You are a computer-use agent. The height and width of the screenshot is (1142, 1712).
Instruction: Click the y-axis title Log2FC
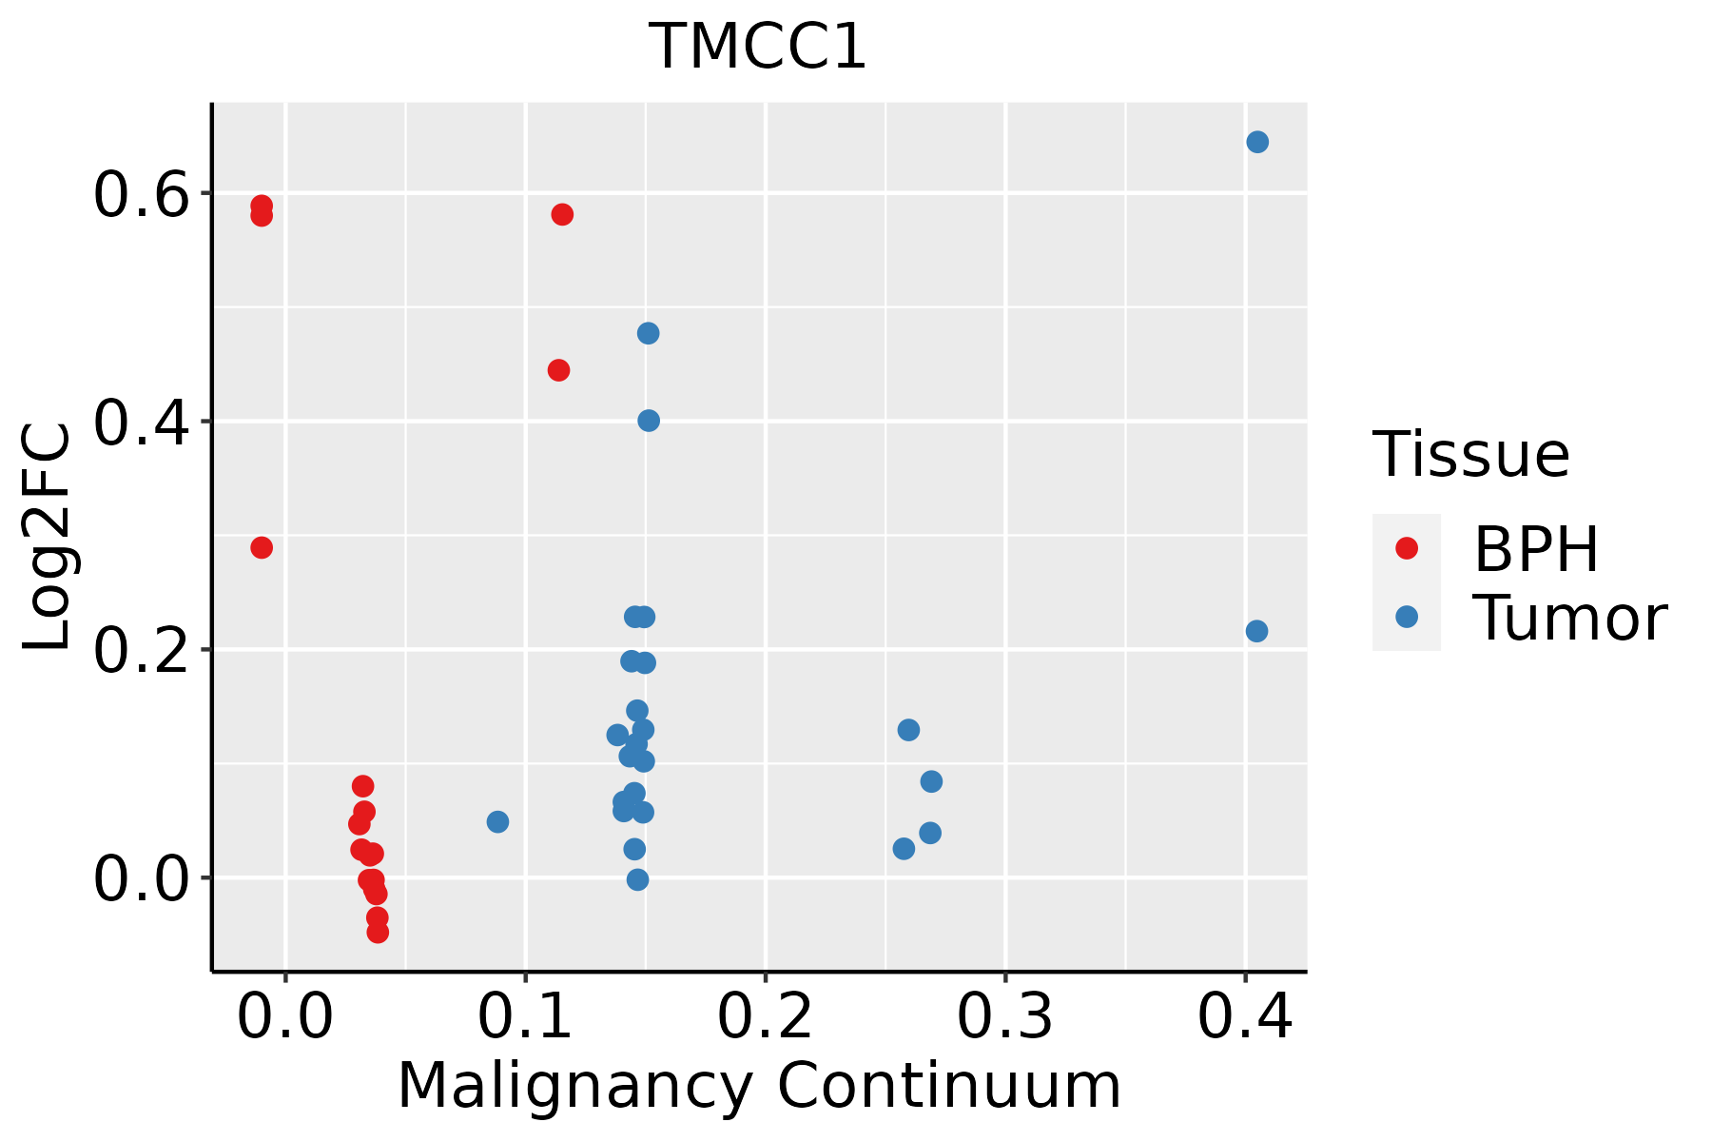click(x=48, y=537)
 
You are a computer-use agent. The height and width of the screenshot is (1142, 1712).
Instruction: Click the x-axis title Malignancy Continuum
click(x=758, y=1086)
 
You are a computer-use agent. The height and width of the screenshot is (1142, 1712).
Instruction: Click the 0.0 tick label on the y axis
click(x=143, y=879)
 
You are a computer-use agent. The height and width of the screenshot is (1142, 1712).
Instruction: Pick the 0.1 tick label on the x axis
click(x=525, y=1016)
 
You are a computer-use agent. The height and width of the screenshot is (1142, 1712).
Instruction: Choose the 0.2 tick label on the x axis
click(x=765, y=1016)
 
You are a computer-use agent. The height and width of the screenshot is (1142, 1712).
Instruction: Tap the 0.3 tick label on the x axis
click(x=1004, y=1016)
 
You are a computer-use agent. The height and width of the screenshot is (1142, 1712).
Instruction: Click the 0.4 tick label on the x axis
click(x=1244, y=1016)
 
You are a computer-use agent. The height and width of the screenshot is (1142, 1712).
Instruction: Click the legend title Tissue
click(x=1470, y=455)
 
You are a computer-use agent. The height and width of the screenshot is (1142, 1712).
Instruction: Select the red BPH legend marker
click(x=1406, y=548)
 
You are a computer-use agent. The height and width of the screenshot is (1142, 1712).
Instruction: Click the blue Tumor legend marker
click(x=1406, y=617)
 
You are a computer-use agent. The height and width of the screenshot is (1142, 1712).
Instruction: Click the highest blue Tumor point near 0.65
click(x=1257, y=142)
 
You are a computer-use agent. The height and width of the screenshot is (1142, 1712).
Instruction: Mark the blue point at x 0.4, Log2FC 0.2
click(x=1256, y=631)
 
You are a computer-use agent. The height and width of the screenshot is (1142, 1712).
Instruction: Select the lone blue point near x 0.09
click(x=497, y=821)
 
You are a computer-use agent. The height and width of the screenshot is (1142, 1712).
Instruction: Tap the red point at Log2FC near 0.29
click(x=262, y=547)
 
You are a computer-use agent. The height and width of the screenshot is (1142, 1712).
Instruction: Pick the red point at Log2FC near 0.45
click(x=558, y=370)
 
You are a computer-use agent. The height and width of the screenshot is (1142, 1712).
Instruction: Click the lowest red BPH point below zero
click(x=378, y=932)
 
